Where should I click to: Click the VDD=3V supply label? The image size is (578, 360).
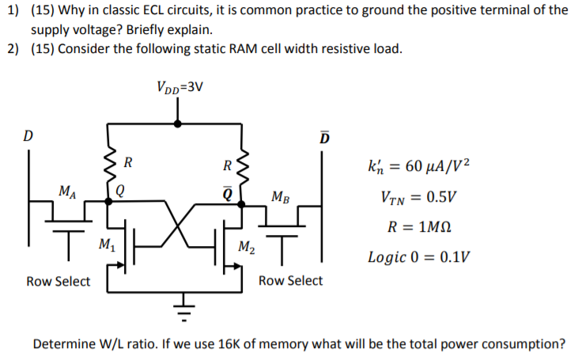[181, 85]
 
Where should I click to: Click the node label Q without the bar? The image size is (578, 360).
[120, 190]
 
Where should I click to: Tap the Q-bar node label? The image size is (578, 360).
[227, 190]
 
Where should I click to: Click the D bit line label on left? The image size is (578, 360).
[28, 135]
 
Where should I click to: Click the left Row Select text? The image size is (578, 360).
[58, 281]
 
